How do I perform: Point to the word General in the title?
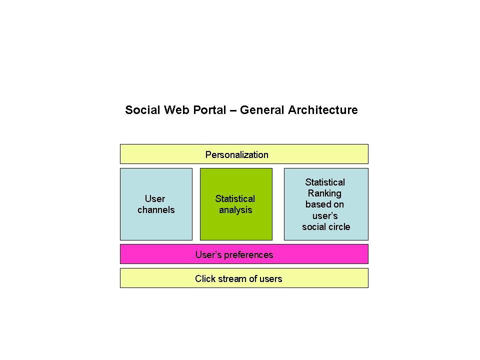click(262, 110)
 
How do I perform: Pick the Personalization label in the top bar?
click(236, 155)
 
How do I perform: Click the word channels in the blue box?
click(156, 210)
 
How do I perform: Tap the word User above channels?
click(155, 199)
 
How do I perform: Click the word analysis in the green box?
click(235, 210)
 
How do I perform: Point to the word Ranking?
click(324, 193)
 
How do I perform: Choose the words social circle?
click(326, 227)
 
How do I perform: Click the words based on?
click(324, 204)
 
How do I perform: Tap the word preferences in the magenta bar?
click(248, 255)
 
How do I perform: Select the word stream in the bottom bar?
click(229, 279)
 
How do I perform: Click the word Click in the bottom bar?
click(204, 279)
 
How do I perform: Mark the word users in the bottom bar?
click(270, 279)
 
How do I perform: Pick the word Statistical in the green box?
click(235, 199)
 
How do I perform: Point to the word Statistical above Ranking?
click(325, 182)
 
